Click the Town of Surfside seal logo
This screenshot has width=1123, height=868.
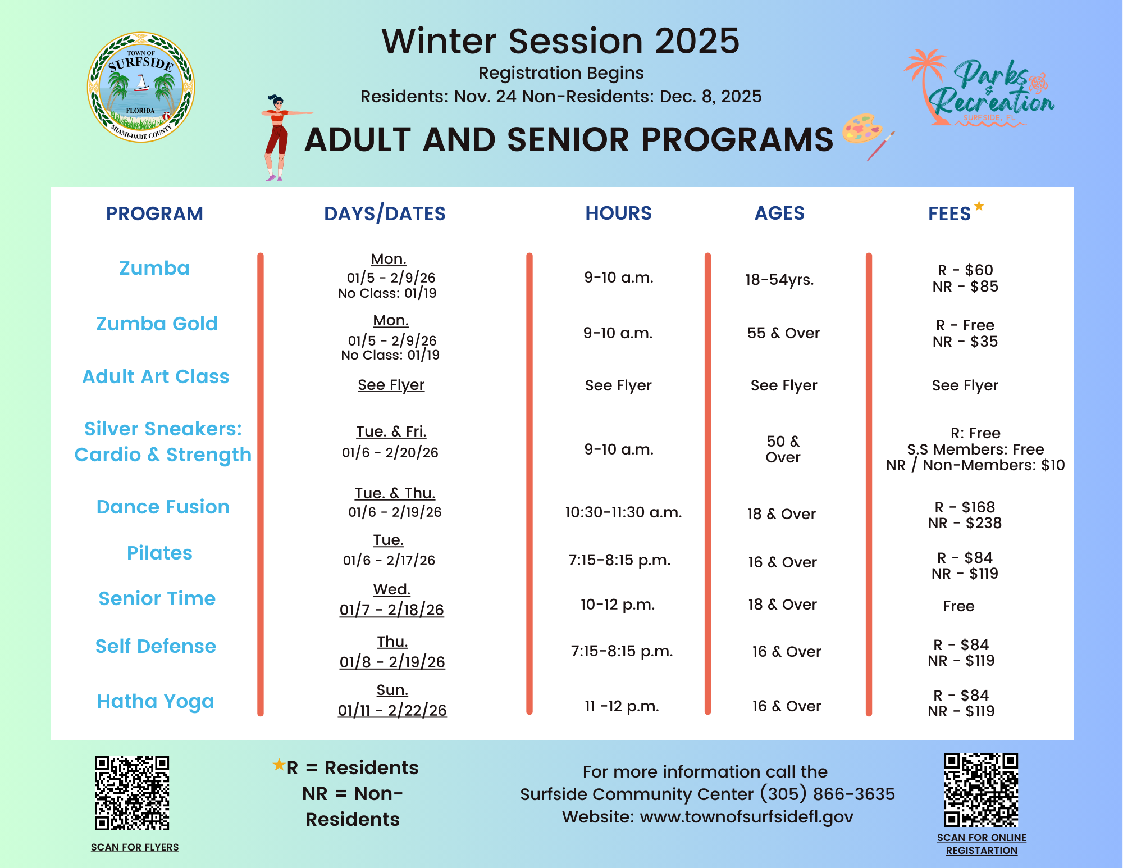click(141, 87)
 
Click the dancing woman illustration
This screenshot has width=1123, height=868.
click(277, 138)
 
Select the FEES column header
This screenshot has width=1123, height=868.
click(949, 214)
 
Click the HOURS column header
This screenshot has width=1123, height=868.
click(618, 213)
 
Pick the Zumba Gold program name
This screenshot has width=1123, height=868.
click(157, 324)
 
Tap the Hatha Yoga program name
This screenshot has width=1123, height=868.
click(156, 701)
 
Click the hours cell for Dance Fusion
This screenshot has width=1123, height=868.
click(623, 512)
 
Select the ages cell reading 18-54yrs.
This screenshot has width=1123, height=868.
click(779, 280)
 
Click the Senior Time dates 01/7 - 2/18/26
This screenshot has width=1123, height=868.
click(391, 610)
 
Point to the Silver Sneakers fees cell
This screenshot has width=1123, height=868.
click(975, 449)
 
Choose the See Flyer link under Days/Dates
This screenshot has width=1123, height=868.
click(391, 385)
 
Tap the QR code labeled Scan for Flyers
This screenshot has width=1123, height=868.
click(132, 793)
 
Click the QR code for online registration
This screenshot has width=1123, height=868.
click(981, 790)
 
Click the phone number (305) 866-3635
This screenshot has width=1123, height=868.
click(827, 794)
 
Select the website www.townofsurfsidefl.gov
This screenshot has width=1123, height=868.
click(746, 817)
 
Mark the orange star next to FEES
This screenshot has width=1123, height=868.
click(979, 206)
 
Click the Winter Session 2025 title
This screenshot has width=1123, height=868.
click(560, 41)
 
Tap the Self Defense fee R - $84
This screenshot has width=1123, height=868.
click(961, 645)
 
